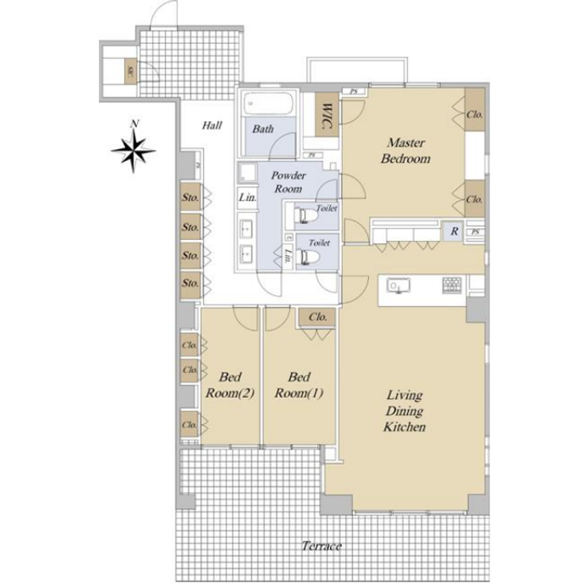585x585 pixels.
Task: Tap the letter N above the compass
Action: [x=136, y=124]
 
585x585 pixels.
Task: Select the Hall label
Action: [x=211, y=125]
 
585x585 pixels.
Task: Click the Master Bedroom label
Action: [x=407, y=151]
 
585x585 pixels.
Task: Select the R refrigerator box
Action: [x=453, y=232]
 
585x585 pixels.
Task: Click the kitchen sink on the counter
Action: [x=396, y=285]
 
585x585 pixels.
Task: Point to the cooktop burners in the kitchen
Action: [x=452, y=285]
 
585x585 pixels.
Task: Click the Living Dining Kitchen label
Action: [x=406, y=410]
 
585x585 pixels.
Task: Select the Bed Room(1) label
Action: [x=298, y=385]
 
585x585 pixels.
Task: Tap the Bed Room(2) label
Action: [x=230, y=385]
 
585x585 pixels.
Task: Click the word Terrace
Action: [x=322, y=546]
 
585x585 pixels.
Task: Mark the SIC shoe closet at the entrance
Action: [x=128, y=73]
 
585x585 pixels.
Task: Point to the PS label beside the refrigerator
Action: [x=475, y=232]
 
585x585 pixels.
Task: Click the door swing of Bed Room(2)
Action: [x=247, y=317]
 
